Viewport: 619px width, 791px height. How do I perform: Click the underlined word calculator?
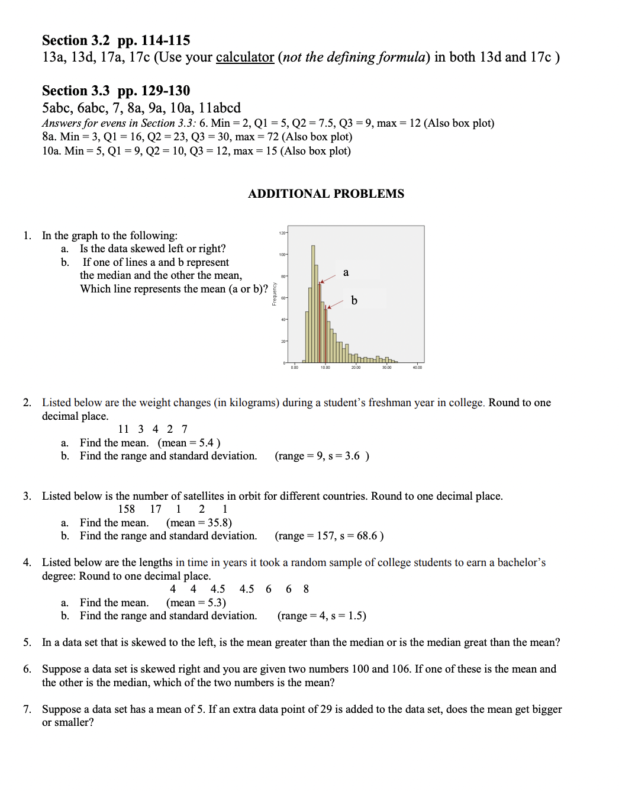244,57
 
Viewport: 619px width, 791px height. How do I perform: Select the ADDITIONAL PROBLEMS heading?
326,194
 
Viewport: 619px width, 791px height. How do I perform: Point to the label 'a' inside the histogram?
346,272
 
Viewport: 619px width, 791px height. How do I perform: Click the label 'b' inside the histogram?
354,301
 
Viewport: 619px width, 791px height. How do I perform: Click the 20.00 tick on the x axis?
356,368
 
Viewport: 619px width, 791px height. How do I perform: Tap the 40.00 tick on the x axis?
417,368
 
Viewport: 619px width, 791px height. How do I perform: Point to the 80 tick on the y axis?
283,276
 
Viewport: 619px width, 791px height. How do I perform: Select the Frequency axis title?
274,294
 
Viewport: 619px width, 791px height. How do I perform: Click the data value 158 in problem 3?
126,509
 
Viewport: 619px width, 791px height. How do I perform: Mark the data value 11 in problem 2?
123,429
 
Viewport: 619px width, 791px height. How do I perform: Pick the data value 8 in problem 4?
306,589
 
